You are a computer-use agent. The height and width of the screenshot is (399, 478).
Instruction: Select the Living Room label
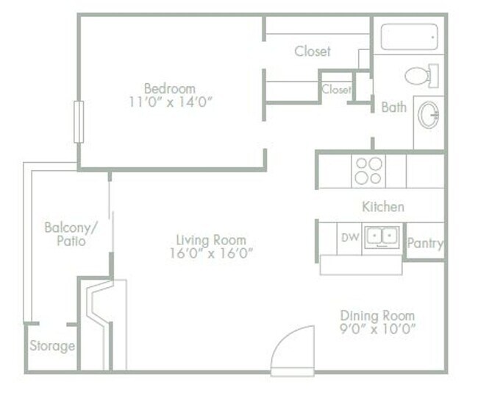[x=211, y=240]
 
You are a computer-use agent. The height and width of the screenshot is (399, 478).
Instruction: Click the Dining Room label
[x=378, y=315]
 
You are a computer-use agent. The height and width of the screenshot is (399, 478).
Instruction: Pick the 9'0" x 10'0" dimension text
[x=378, y=329]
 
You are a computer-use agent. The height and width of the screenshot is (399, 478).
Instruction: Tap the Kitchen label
[x=382, y=207]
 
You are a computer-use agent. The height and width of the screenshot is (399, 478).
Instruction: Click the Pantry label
[x=425, y=242]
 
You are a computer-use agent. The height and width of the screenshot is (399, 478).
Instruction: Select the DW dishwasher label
[x=350, y=237]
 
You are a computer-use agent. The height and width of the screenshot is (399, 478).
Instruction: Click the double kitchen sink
[x=382, y=237]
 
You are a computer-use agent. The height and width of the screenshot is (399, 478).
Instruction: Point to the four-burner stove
[x=368, y=171]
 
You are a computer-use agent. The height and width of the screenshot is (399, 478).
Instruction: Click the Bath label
[x=393, y=107]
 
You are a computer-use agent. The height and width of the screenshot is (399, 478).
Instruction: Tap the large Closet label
[x=313, y=52]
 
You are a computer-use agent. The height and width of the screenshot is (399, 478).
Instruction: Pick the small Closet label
[x=336, y=90]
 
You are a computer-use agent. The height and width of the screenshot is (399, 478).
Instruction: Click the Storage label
[x=52, y=346]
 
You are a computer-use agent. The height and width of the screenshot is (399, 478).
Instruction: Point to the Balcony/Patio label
[x=66, y=233]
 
